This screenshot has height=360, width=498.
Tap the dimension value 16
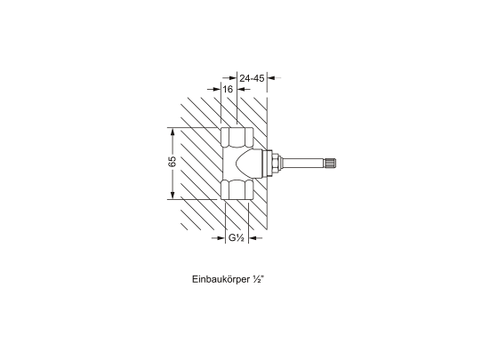228,90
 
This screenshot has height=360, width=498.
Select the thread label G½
236,239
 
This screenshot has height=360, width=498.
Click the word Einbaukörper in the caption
221,278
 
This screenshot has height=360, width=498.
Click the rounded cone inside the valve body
248,163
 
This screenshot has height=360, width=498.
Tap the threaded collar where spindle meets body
277,163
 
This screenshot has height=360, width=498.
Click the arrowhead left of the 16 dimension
216,90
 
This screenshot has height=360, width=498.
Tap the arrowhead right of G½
253,238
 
